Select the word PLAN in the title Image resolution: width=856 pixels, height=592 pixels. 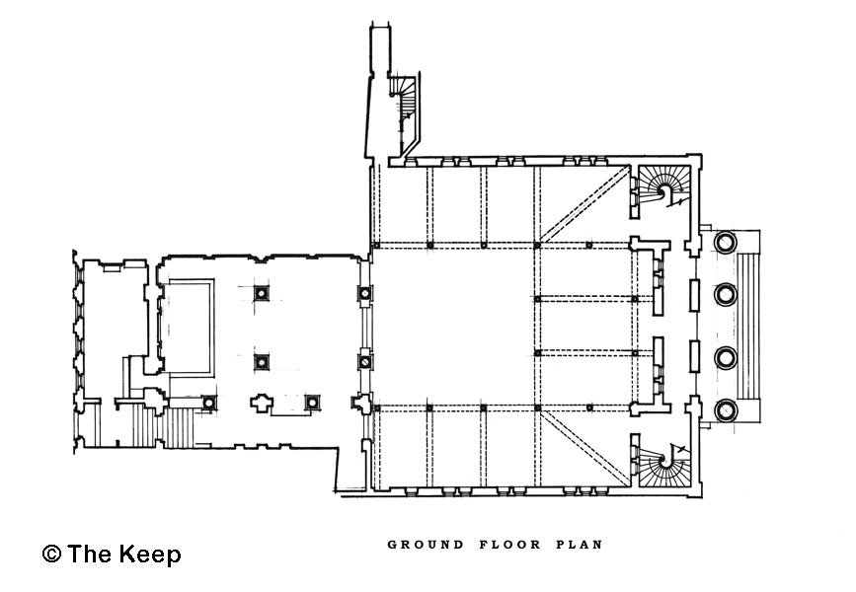(580, 545)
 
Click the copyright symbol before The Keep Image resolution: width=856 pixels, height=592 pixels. (51, 554)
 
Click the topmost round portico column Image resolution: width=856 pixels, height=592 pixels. (726, 241)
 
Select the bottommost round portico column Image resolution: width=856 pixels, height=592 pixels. (726, 410)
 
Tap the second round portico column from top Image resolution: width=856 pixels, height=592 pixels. (726, 294)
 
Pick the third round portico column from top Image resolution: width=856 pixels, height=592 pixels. (726, 358)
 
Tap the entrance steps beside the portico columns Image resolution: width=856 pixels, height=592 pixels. (748, 326)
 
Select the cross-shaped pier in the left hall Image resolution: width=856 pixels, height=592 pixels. (262, 403)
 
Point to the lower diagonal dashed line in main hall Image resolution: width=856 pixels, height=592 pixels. (584, 446)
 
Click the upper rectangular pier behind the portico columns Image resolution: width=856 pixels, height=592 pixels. (694, 295)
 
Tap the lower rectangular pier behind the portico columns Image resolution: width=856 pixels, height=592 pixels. (694, 356)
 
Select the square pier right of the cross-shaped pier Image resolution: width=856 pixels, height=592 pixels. (312, 403)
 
